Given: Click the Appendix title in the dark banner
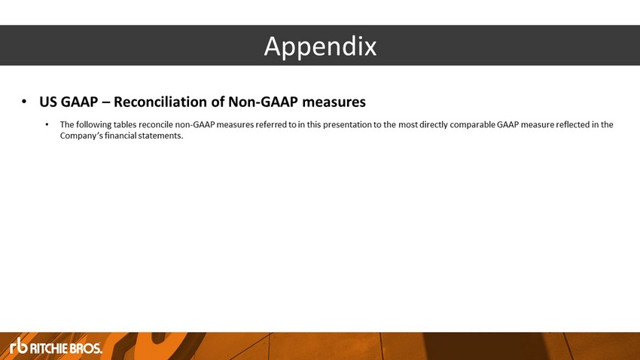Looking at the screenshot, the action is point(320,47).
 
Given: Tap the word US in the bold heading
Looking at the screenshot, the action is point(47,102).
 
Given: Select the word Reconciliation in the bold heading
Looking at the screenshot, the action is point(168,102).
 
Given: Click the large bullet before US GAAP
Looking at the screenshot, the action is point(24,101).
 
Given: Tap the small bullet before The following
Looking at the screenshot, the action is point(47,124).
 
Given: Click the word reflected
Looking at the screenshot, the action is point(573,124).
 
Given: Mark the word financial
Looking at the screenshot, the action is point(120,136).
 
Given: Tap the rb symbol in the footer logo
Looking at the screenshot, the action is point(19,346).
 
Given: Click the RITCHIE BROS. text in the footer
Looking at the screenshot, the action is point(66,348).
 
